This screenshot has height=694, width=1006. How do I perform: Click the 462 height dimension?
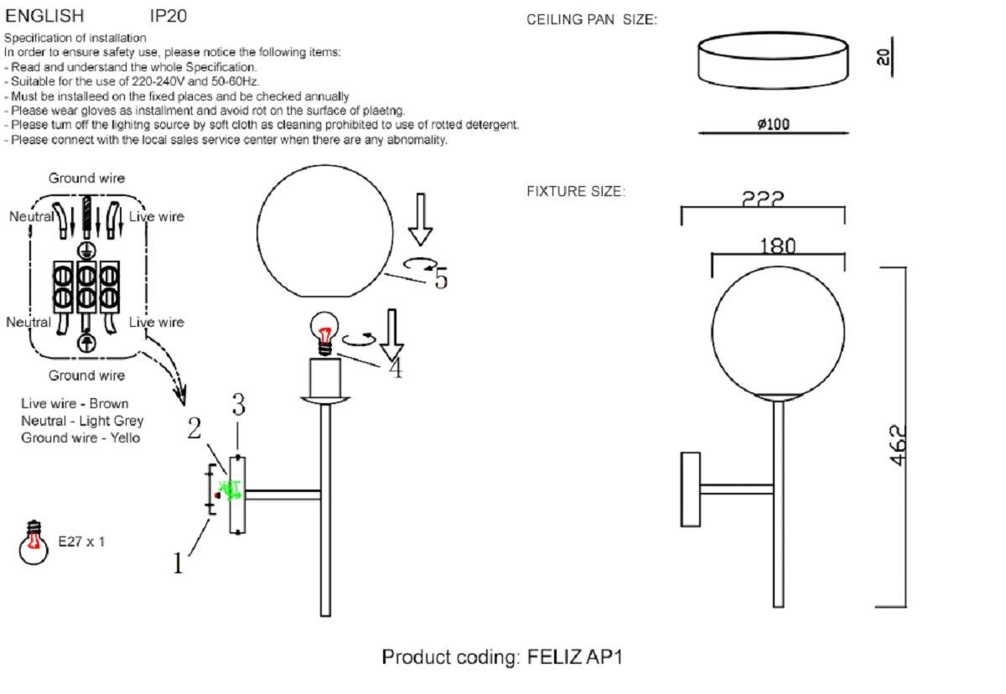coord(898,445)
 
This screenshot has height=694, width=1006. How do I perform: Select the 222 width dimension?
coord(763,199)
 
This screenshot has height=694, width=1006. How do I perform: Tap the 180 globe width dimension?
coord(777,246)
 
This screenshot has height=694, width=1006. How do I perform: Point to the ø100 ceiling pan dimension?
coord(773,125)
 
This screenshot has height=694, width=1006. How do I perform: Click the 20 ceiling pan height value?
coord(883,56)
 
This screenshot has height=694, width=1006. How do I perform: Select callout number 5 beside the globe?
coord(440,278)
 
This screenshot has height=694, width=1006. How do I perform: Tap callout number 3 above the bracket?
coord(239,407)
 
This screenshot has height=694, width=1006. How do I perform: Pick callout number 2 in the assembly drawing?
coord(194,428)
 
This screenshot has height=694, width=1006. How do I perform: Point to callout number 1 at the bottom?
coord(178,564)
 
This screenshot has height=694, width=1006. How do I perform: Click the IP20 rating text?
coord(169,16)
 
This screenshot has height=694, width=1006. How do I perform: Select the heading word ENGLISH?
coord(44,16)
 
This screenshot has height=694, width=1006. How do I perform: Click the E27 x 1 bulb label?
coord(81,541)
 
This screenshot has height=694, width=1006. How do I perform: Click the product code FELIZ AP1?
coord(575,656)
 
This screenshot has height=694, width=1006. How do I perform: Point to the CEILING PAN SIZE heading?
coord(592,20)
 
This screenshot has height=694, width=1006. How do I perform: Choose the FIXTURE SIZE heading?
coord(576,192)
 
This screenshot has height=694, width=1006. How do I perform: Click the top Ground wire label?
coord(86,178)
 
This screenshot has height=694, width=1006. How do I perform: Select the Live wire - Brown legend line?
coord(75,404)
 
